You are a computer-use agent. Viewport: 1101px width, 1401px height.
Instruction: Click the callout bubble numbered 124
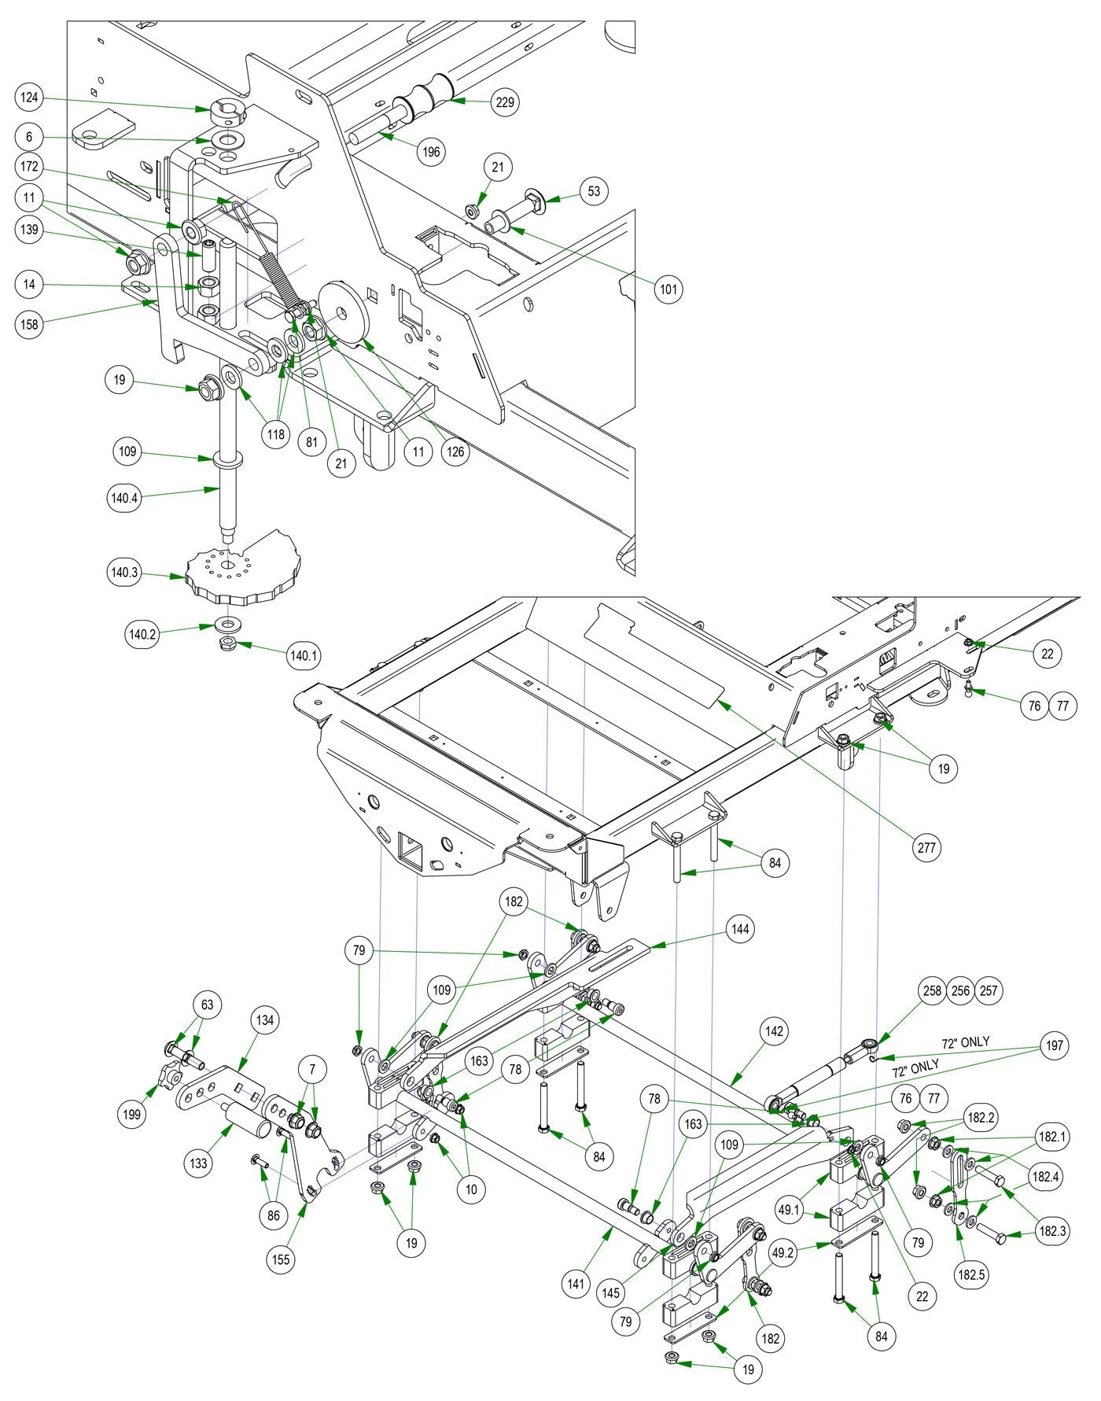(x=30, y=98)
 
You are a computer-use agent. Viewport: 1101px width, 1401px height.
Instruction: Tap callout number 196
(x=431, y=152)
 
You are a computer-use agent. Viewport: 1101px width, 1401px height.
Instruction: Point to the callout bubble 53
(x=595, y=191)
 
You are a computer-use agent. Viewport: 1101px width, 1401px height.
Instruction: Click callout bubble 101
(x=668, y=289)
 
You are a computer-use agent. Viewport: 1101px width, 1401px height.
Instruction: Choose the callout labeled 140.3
(x=124, y=573)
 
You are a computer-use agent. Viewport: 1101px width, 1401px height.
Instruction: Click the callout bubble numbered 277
(x=928, y=848)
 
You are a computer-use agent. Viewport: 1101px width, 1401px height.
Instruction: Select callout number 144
(x=740, y=929)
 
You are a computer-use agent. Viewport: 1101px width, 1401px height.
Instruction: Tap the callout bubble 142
(x=775, y=1031)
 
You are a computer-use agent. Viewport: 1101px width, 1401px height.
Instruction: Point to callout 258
(x=933, y=990)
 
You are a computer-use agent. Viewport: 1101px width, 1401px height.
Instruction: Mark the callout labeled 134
(x=265, y=1020)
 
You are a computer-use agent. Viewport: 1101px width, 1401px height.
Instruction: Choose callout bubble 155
(x=281, y=1259)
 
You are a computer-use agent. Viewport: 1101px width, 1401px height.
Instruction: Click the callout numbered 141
(x=576, y=1284)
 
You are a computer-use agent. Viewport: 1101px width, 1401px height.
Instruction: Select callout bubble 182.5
(x=970, y=1274)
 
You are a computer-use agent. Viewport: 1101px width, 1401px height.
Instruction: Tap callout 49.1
(x=789, y=1211)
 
